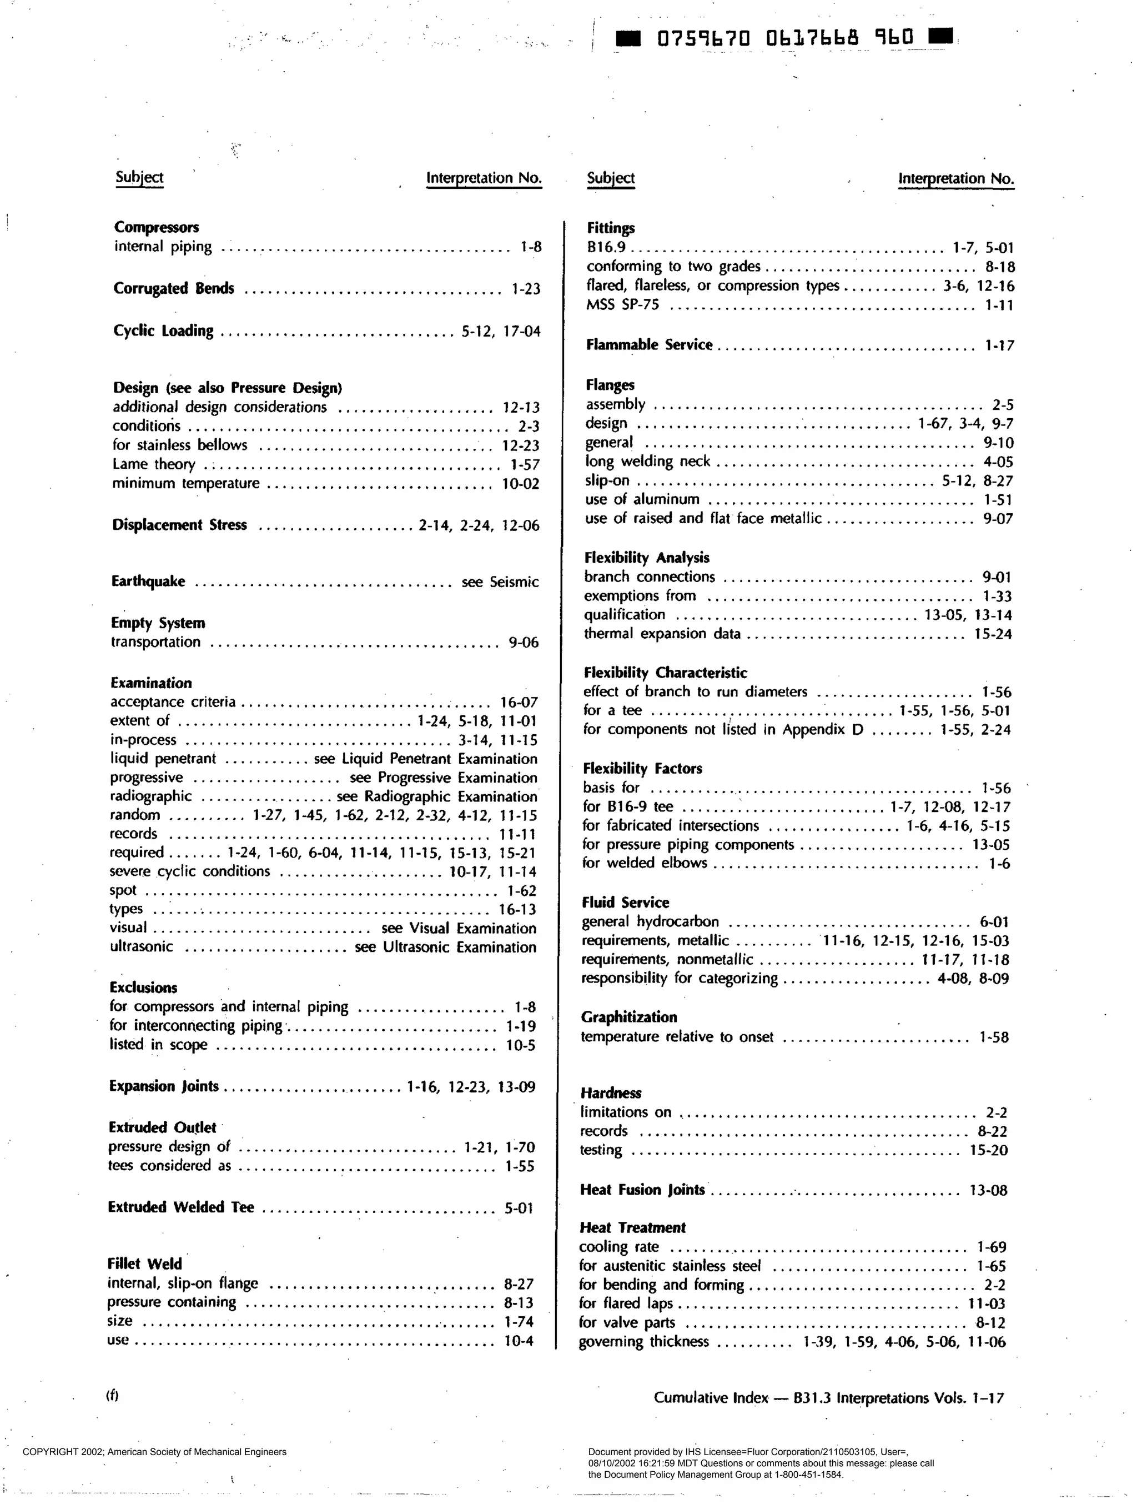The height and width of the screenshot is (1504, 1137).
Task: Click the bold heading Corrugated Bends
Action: point(173,288)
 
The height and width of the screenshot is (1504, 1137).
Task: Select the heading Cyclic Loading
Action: point(163,331)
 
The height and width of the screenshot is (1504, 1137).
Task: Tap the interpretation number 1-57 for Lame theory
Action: point(525,465)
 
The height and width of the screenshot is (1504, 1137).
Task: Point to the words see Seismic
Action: point(500,582)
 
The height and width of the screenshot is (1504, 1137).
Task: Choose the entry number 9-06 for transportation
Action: point(524,643)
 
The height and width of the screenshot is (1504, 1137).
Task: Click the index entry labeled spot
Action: point(123,891)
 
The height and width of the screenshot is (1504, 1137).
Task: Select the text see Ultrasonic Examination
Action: point(445,947)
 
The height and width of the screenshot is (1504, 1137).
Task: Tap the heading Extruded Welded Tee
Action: point(181,1207)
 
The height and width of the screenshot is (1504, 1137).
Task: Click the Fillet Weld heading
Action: point(145,1264)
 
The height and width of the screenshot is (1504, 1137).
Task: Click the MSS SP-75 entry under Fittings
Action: point(622,304)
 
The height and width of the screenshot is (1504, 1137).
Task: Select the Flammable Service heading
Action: point(649,345)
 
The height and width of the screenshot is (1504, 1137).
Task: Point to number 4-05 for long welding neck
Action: point(998,462)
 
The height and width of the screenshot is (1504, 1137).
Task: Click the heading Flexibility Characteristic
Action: point(665,673)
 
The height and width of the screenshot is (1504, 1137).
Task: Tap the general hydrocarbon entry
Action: point(650,922)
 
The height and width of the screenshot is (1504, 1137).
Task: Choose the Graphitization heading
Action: point(628,1017)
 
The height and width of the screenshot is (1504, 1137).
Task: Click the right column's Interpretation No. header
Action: point(955,179)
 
